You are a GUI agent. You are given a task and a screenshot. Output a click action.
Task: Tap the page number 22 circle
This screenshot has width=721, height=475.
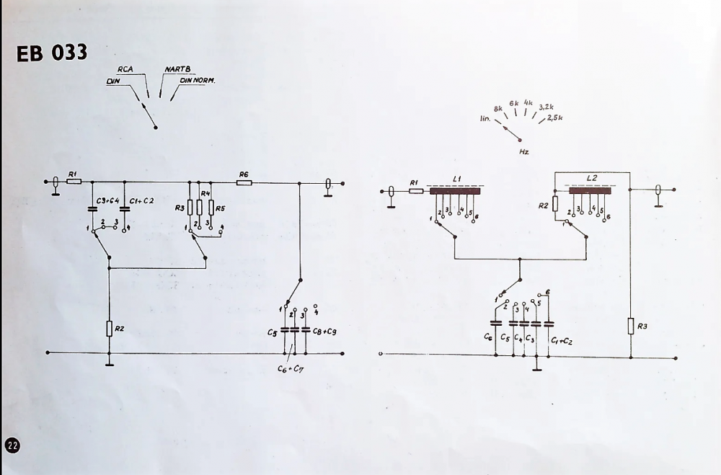coord(13,445)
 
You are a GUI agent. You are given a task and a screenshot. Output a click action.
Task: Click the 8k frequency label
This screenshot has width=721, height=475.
coord(497,108)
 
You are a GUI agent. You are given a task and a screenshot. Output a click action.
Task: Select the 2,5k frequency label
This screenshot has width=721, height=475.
coord(554,117)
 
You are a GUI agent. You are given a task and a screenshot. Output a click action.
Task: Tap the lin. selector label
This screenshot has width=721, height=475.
coord(485,117)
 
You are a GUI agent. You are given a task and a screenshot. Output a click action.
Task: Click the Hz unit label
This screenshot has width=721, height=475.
coord(524,152)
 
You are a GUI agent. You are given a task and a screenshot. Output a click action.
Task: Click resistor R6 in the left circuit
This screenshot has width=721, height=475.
coord(244,183)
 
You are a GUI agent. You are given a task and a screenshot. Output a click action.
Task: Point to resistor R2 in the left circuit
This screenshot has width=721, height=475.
coord(110,329)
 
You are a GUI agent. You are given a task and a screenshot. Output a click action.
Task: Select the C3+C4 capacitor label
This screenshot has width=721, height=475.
coord(107,201)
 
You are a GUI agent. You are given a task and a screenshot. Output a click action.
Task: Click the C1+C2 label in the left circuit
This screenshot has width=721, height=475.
coord(141,201)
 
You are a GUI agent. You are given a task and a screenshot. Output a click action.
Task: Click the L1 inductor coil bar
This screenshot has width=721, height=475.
coord(455,191)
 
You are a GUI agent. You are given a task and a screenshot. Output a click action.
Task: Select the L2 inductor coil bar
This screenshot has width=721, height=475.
coord(592,191)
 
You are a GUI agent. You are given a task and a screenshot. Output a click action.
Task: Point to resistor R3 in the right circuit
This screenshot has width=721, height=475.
coord(631,327)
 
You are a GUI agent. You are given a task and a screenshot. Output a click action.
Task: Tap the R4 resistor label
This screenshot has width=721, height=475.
coord(205,194)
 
